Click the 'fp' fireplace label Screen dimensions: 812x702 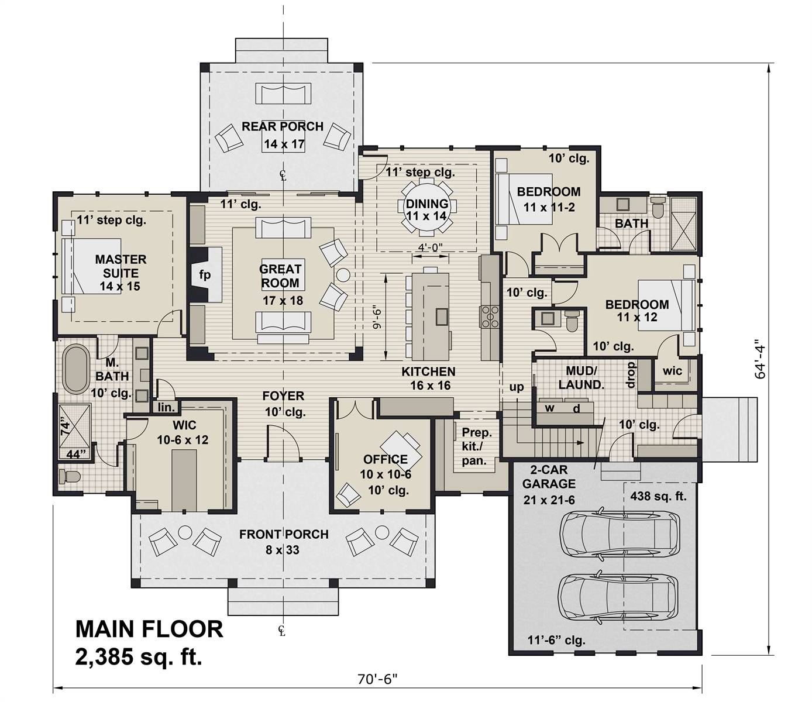(x=205, y=275)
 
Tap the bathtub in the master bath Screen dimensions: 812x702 (x=75, y=369)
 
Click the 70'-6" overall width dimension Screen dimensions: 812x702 (x=377, y=679)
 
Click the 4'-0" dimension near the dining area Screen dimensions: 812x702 (x=430, y=247)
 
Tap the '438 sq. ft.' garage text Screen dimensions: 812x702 (x=658, y=497)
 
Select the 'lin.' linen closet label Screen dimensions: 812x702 (x=166, y=407)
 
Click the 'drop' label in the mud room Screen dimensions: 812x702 (x=631, y=375)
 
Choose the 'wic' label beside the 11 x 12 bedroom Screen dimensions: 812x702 (x=672, y=370)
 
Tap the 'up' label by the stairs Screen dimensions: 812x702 (x=517, y=387)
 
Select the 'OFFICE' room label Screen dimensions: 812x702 (x=385, y=459)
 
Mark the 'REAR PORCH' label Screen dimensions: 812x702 (x=283, y=126)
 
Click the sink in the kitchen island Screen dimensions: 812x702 (x=442, y=316)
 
